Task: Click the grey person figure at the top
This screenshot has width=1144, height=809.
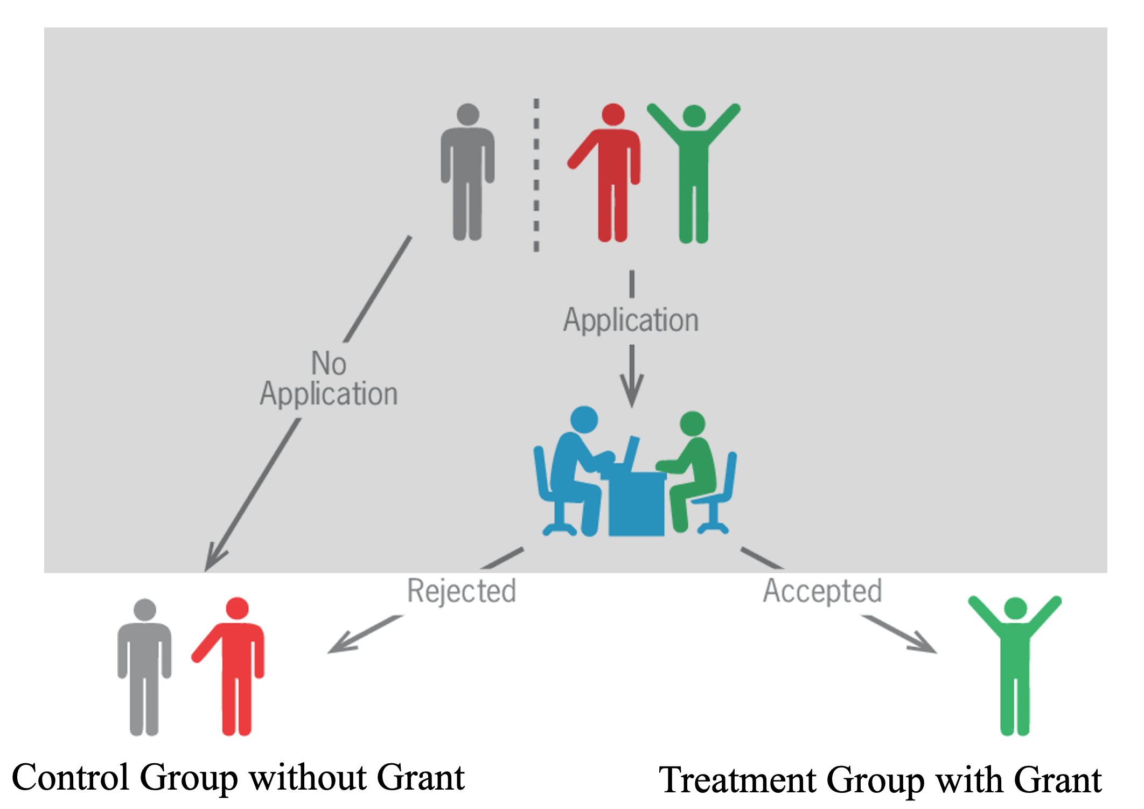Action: pos(468,172)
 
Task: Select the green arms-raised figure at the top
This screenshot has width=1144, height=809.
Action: pos(694,172)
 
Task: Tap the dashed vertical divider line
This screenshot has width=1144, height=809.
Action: pos(536,175)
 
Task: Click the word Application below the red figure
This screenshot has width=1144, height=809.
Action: pos(631,320)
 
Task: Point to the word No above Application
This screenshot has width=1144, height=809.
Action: pos(329,363)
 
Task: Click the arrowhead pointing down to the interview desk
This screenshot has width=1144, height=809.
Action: pos(632,393)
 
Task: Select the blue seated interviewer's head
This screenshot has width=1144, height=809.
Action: pos(584,419)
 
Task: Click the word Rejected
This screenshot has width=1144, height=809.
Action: pos(462,591)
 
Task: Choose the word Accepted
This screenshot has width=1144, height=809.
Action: pos(822,591)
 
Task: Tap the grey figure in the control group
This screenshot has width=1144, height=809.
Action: pos(144,668)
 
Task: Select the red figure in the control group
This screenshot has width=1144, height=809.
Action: pos(234,668)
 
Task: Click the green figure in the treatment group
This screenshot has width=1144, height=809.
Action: pos(1015,668)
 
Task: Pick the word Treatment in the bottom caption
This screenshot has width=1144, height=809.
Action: pos(738,780)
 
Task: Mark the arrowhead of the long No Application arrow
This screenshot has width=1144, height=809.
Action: pos(213,560)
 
